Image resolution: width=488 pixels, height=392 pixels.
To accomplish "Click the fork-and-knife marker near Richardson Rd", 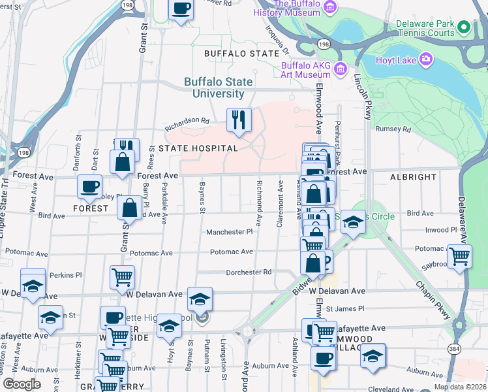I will (x=239, y=120).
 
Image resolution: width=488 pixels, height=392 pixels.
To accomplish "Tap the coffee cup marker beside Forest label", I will (x=89, y=187).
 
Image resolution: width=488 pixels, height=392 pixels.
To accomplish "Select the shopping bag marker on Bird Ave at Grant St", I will (x=130, y=208).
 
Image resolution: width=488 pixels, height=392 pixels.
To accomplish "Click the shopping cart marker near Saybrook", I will (x=459, y=255).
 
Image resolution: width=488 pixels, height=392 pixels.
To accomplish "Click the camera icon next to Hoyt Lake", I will (x=426, y=60).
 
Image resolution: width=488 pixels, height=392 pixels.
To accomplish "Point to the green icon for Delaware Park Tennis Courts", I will (x=464, y=27).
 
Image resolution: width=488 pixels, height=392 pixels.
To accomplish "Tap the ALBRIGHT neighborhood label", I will (x=413, y=177).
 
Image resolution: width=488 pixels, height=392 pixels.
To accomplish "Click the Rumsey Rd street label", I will (x=397, y=129).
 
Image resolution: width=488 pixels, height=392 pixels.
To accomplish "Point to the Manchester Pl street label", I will (x=229, y=232).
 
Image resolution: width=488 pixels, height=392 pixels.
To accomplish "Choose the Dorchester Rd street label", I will (x=249, y=272).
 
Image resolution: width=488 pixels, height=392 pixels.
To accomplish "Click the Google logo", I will (x=22, y=384).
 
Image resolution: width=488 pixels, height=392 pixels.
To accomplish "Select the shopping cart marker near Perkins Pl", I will (x=122, y=277).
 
